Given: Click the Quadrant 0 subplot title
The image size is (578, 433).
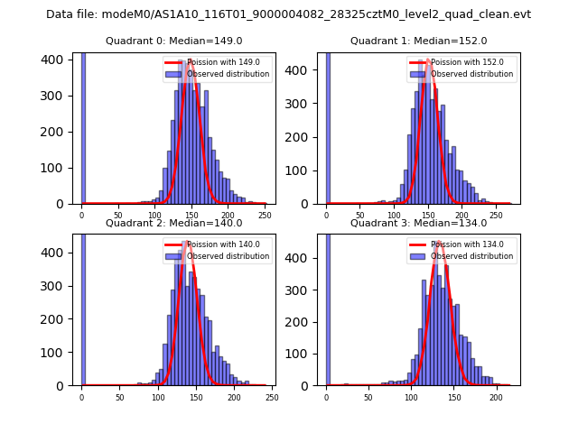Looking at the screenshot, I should (x=174, y=41).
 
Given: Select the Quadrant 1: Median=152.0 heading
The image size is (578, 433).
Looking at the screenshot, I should (x=418, y=41).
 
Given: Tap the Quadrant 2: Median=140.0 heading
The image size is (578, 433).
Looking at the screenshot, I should (x=174, y=223).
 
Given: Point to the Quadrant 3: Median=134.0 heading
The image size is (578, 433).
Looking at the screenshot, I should (x=418, y=223).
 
